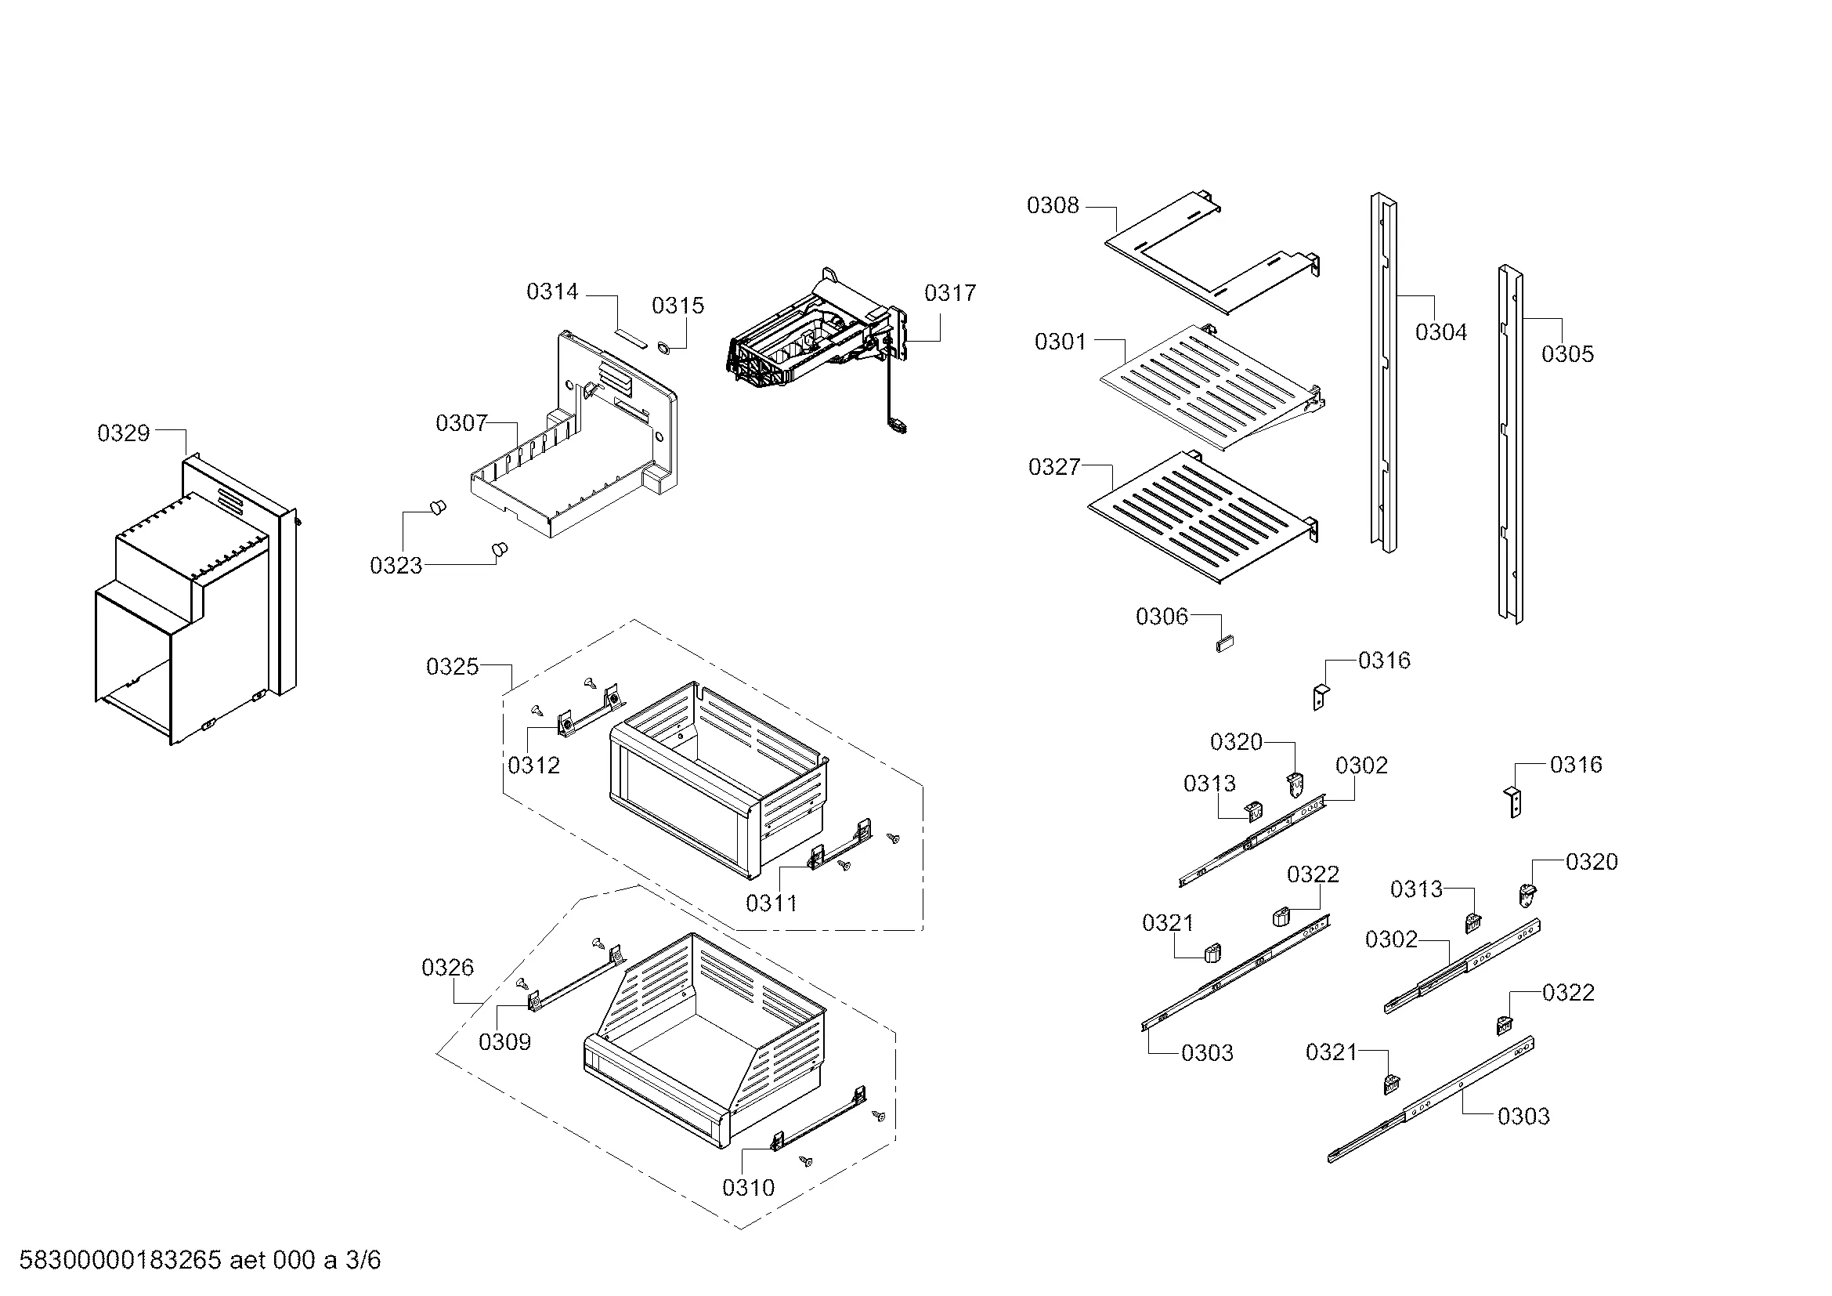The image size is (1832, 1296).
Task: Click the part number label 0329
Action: [x=124, y=433]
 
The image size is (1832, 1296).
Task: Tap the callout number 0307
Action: [x=461, y=423]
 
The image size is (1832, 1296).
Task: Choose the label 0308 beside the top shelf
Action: [x=1053, y=206]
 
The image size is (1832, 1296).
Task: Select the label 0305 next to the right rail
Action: [x=1567, y=354]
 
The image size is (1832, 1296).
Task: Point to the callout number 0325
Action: [x=453, y=666]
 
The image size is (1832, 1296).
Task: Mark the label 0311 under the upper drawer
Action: [x=771, y=903]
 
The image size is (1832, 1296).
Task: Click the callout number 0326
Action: [x=448, y=968]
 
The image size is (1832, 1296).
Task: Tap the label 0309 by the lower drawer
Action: [x=505, y=1042]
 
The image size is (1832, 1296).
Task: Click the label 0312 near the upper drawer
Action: [x=534, y=766]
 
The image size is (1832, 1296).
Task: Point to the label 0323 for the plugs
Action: [x=396, y=566]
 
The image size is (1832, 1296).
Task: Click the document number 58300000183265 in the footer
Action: [x=120, y=1260]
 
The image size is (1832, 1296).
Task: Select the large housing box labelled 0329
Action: [x=191, y=606]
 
